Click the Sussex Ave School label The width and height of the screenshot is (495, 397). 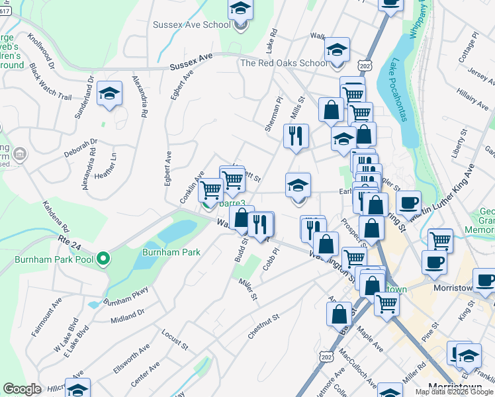click(192, 25)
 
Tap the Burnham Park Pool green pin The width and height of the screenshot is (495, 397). click(103, 259)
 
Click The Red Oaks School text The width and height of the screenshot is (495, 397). click(283, 63)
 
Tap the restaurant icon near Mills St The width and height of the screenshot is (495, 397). click(296, 136)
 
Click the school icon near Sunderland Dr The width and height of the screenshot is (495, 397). click(109, 93)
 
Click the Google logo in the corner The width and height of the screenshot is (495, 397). click(22, 389)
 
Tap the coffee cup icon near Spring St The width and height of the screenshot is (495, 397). click(409, 201)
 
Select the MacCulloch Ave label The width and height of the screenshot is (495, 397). click(351, 365)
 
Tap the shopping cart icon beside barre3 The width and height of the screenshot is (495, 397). click(210, 190)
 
